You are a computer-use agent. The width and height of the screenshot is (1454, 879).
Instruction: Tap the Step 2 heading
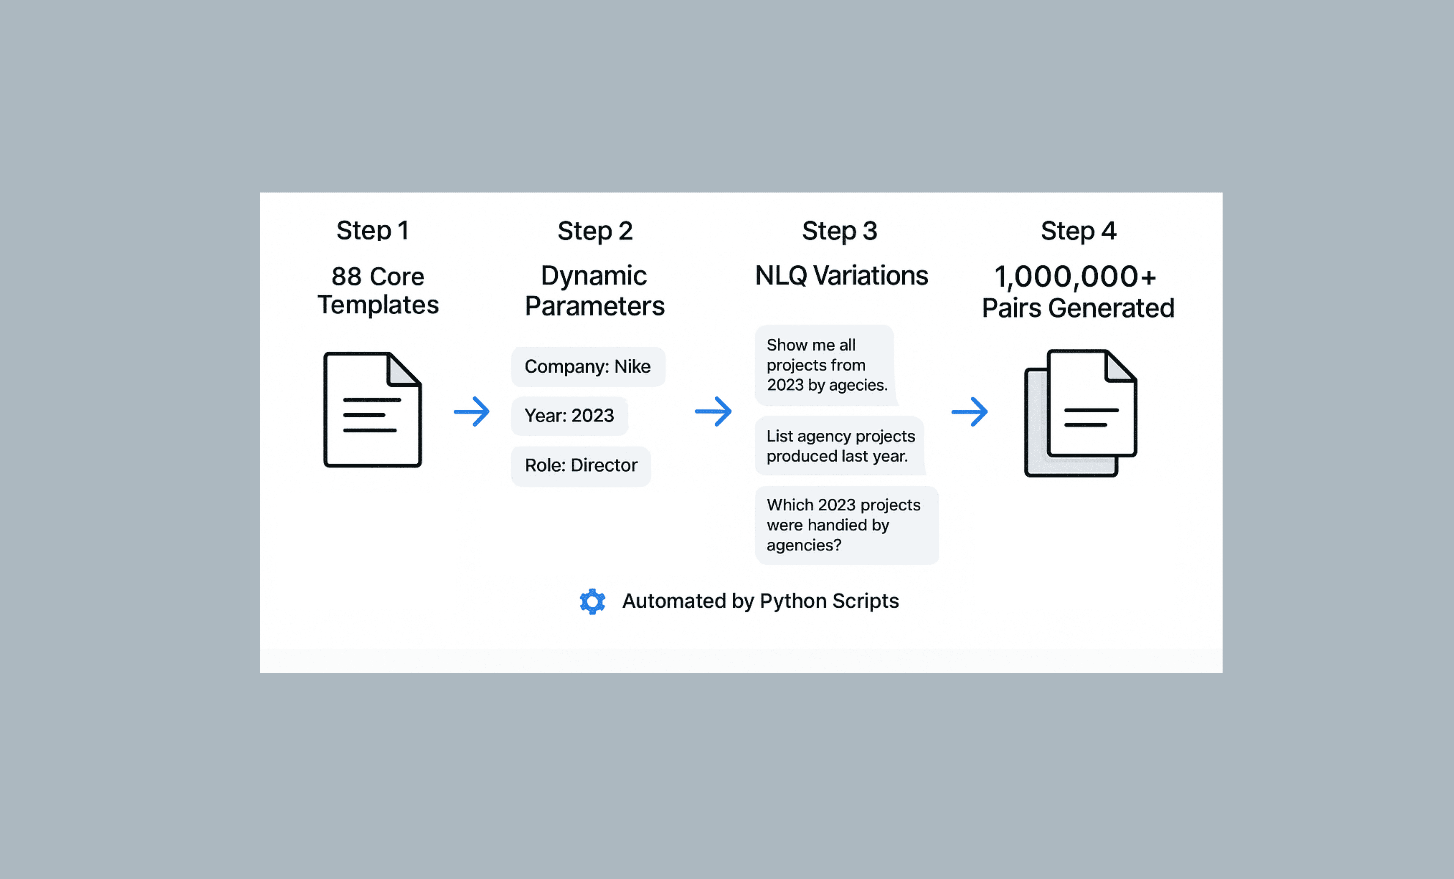pos(595,231)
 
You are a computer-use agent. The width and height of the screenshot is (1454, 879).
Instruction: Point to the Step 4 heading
pos(1078,231)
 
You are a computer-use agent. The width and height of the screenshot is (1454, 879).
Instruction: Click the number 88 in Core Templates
pos(346,276)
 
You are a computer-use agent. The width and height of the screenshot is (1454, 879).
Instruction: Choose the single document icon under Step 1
pos(372,410)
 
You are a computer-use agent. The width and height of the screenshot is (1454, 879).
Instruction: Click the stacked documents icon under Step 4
pos(1080,413)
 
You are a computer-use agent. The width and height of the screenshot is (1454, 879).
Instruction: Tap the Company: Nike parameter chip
pos(588,366)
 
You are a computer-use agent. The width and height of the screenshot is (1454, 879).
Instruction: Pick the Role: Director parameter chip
pos(581,465)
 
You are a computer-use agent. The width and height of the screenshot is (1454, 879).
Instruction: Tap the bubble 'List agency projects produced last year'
pos(840,446)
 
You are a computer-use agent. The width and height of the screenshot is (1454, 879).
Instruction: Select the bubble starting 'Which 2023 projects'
pos(846,525)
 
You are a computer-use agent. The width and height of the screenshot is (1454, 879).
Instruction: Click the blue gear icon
pos(592,601)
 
